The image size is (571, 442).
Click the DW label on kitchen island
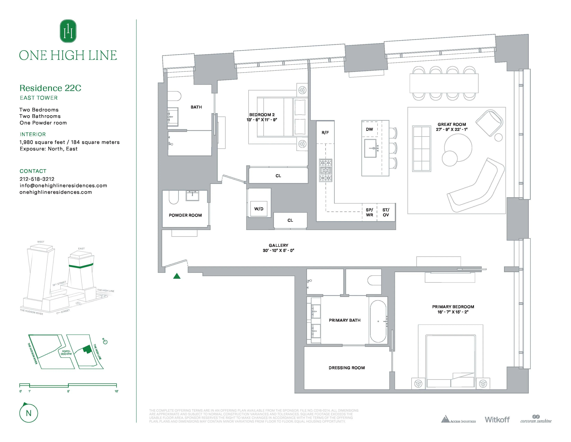(369, 129)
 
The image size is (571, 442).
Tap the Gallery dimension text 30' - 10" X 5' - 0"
(278, 250)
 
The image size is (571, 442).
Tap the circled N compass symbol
(29, 413)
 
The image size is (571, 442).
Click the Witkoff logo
(497, 419)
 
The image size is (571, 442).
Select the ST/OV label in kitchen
(386, 212)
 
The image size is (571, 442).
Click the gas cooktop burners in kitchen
(325, 170)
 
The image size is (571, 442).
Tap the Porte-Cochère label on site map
(66, 352)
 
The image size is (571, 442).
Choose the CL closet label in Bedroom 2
(278, 176)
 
